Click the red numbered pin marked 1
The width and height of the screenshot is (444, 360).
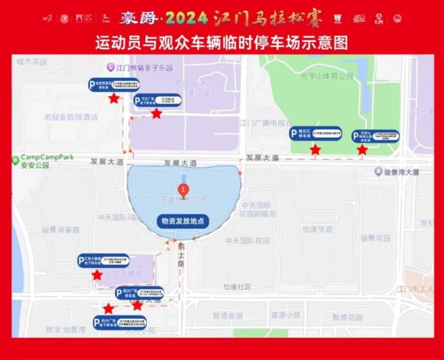click(x=180, y=191)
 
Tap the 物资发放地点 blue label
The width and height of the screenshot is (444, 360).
click(x=183, y=221)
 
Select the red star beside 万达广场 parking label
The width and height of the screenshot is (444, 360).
click(x=157, y=113)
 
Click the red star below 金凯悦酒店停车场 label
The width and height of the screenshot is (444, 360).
click(x=114, y=99)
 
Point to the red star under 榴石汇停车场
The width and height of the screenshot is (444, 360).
click(x=315, y=149)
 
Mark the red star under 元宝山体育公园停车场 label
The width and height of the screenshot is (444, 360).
click(x=362, y=149)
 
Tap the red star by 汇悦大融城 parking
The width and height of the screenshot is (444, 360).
click(x=97, y=275)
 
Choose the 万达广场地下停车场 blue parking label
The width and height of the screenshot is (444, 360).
click(x=157, y=101)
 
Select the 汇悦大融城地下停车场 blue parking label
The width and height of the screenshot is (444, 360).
click(x=103, y=261)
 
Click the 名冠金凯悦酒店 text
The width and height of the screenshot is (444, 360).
click(x=71, y=117)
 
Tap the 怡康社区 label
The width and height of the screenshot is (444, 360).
click(x=237, y=287)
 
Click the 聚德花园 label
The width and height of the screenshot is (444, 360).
click(x=347, y=317)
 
